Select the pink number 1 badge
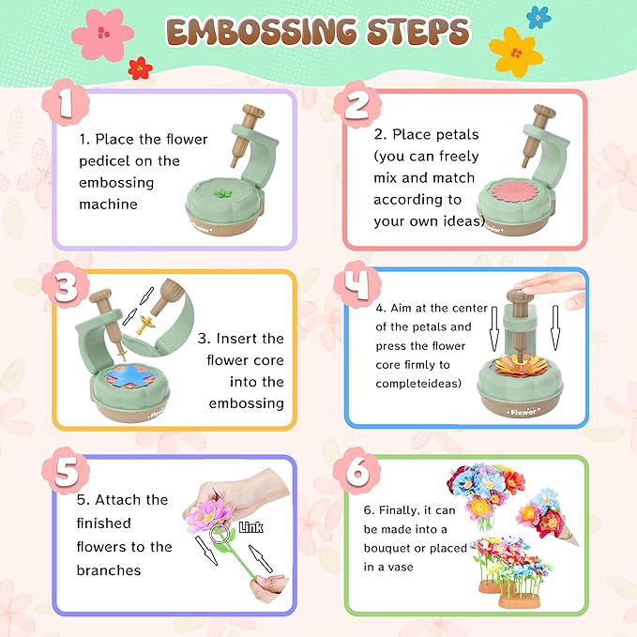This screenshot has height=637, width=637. click(66, 104)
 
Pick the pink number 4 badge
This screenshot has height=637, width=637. click(357, 284)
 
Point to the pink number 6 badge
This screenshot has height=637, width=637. click(357, 471)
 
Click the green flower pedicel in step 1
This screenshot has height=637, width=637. click(222, 193)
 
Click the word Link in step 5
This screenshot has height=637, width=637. click(250, 527)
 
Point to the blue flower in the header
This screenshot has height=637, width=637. click(538, 18)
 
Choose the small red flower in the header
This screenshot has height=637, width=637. click(140, 68)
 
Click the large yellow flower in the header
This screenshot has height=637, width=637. click(516, 52)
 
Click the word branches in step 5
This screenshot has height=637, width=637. click(109, 570)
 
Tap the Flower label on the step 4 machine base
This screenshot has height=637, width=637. click(523, 412)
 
